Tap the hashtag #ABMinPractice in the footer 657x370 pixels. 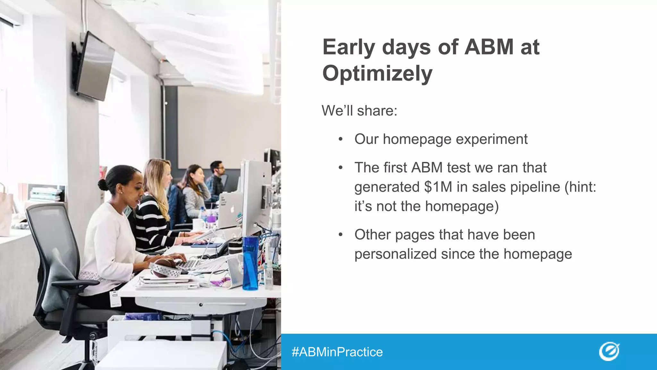(x=337, y=352)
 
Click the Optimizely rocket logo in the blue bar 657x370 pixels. (x=609, y=352)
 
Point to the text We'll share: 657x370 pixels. (x=359, y=111)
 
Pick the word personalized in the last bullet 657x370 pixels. (x=396, y=254)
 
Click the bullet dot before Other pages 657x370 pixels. (x=341, y=235)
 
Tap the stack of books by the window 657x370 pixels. (x=45, y=194)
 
